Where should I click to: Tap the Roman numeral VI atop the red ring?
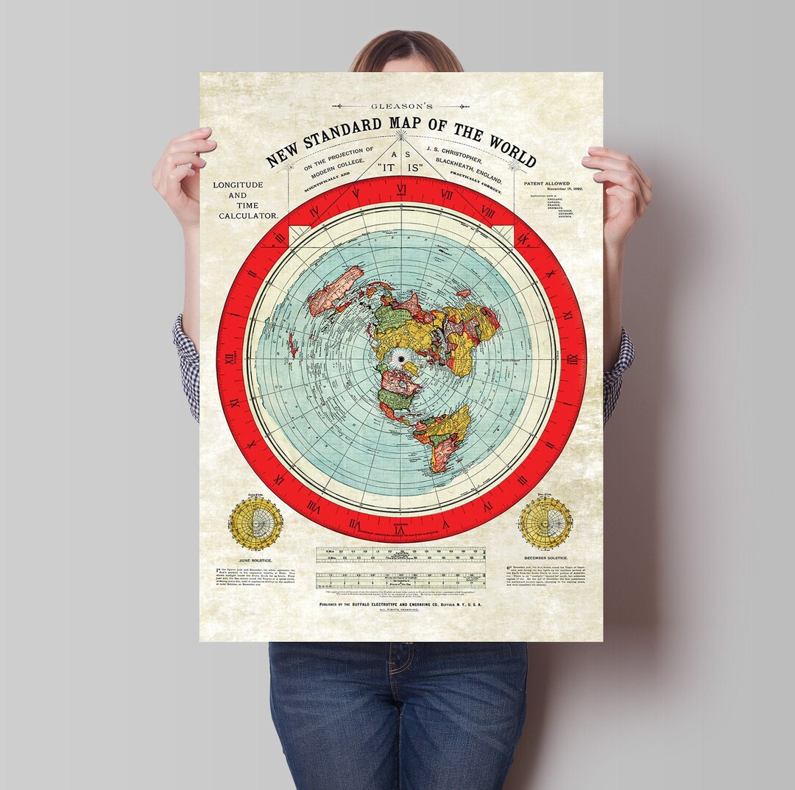click(x=401, y=188)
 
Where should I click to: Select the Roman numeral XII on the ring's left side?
click(x=230, y=358)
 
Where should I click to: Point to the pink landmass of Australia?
click(x=333, y=290)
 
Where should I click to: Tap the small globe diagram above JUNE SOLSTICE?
click(x=255, y=524)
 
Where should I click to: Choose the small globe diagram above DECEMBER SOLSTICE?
click(x=545, y=523)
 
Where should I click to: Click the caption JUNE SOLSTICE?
click(x=256, y=561)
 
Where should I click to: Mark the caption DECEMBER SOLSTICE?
click(x=546, y=558)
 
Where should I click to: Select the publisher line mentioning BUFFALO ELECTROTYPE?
click(x=401, y=603)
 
